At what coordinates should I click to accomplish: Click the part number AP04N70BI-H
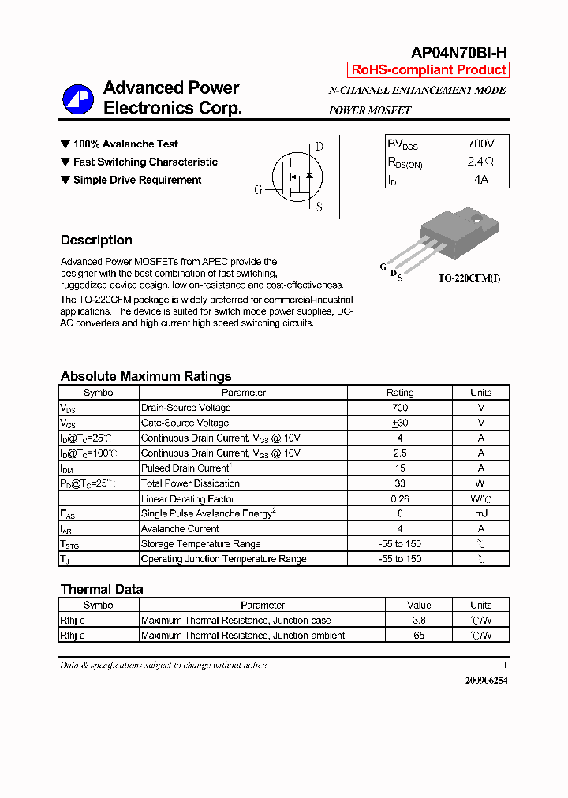(x=459, y=53)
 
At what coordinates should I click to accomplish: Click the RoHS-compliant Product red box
(x=428, y=69)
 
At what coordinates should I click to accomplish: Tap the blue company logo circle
(x=78, y=99)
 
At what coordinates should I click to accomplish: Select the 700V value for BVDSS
(x=480, y=144)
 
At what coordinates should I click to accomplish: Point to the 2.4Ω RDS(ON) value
(x=480, y=162)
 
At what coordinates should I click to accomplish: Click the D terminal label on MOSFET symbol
(x=319, y=146)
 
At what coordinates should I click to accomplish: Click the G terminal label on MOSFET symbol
(x=258, y=190)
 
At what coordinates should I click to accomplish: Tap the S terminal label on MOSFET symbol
(x=319, y=207)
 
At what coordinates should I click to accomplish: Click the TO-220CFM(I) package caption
(x=469, y=278)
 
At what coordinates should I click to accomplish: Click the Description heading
(x=96, y=241)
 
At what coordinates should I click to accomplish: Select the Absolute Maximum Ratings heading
(x=146, y=376)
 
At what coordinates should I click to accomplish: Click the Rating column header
(x=400, y=393)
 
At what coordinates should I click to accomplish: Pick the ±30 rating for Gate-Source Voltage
(x=400, y=423)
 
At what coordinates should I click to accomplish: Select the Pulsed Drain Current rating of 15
(x=400, y=468)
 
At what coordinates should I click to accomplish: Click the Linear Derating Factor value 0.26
(x=400, y=498)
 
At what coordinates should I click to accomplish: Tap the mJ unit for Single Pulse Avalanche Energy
(x=480, y=513)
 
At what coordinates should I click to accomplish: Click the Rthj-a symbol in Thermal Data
(x=73, y=635)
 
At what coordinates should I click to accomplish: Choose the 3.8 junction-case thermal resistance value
(x=419, y=621)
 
